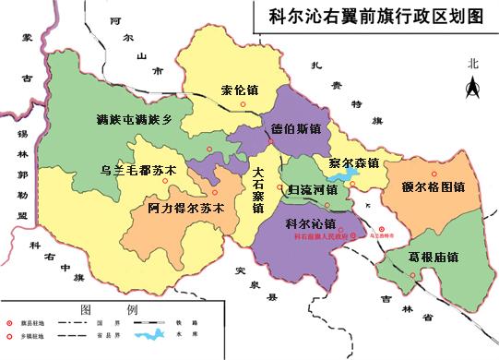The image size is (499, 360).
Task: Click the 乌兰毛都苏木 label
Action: [x=137, y=171]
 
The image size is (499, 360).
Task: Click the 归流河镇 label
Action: [x=313, y=189]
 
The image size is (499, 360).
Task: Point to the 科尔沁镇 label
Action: [x=311, y=223]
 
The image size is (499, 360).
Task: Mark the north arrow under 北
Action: [x=473, y=89]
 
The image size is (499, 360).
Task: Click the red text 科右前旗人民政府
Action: [x=316, y=237]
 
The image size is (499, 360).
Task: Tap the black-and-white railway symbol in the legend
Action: [x=148, y=321]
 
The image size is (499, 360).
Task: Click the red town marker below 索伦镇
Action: [x=243, y=104]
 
